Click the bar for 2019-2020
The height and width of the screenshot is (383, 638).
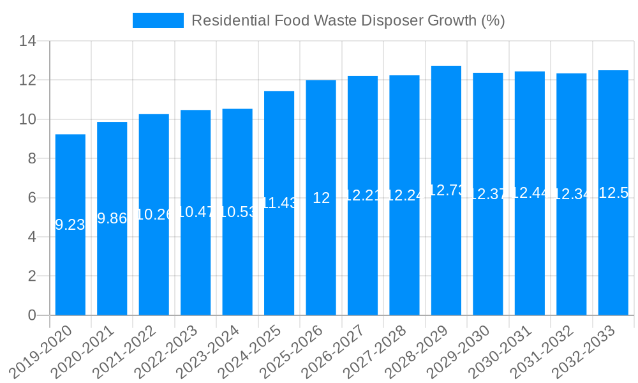pyautogui.click(x=70, y=255)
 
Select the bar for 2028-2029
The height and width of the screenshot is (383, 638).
pyautogui.click(x=446, y=255)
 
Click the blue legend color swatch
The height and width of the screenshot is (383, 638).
pyautogui.click(x=158, y=20)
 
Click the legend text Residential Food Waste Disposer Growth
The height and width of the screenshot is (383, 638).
pyautogui.click(x=348, y=20)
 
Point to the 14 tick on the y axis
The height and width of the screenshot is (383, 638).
pyautogui.click(x=27, y=41)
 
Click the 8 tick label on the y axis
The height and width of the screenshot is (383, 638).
pyautogui.click(x=31, y=159)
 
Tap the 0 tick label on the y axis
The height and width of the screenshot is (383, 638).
pyautogui.click(x=31, y=315)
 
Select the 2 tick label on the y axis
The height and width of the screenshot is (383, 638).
pyautogui.click(x=31, y=276)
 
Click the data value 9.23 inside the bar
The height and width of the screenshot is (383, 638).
pyautogui.click(x=70, y=225)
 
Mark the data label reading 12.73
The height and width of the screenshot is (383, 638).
pyautogui.click(x=446, y=190)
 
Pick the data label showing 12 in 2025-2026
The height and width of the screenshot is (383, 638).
pyautogui.click(x=321, y=198)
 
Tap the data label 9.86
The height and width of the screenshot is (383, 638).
pyautogui.click(x=112, y=218)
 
